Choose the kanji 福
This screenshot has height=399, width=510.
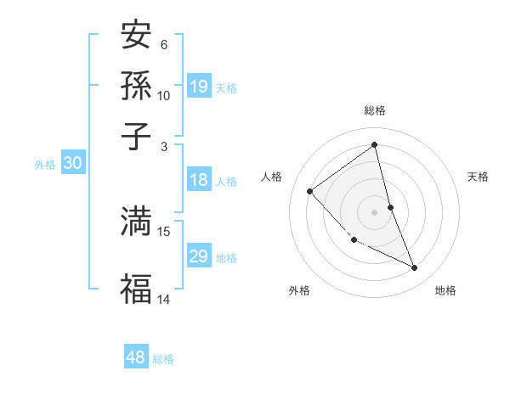point(136,288)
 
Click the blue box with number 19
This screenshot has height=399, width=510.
point(199,87)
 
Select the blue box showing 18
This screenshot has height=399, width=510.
point(199,180)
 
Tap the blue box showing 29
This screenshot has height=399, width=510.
point(199,257)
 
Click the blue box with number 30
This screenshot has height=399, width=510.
point(72,164)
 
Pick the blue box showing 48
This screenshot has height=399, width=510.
point(136,357)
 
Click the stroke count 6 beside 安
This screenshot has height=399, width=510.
point(164,44)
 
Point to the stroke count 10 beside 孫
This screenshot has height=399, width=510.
point(164,95)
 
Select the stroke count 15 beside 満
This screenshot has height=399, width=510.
point(164,231)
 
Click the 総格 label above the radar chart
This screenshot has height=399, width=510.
point(375,110)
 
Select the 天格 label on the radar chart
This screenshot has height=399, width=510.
point(479,177)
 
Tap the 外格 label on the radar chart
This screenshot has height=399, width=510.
point(299,290)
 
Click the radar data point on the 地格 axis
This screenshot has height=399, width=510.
point(415,268)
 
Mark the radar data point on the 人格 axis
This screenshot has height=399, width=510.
point(310,191)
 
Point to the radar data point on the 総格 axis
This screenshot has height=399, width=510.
point(375,145)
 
